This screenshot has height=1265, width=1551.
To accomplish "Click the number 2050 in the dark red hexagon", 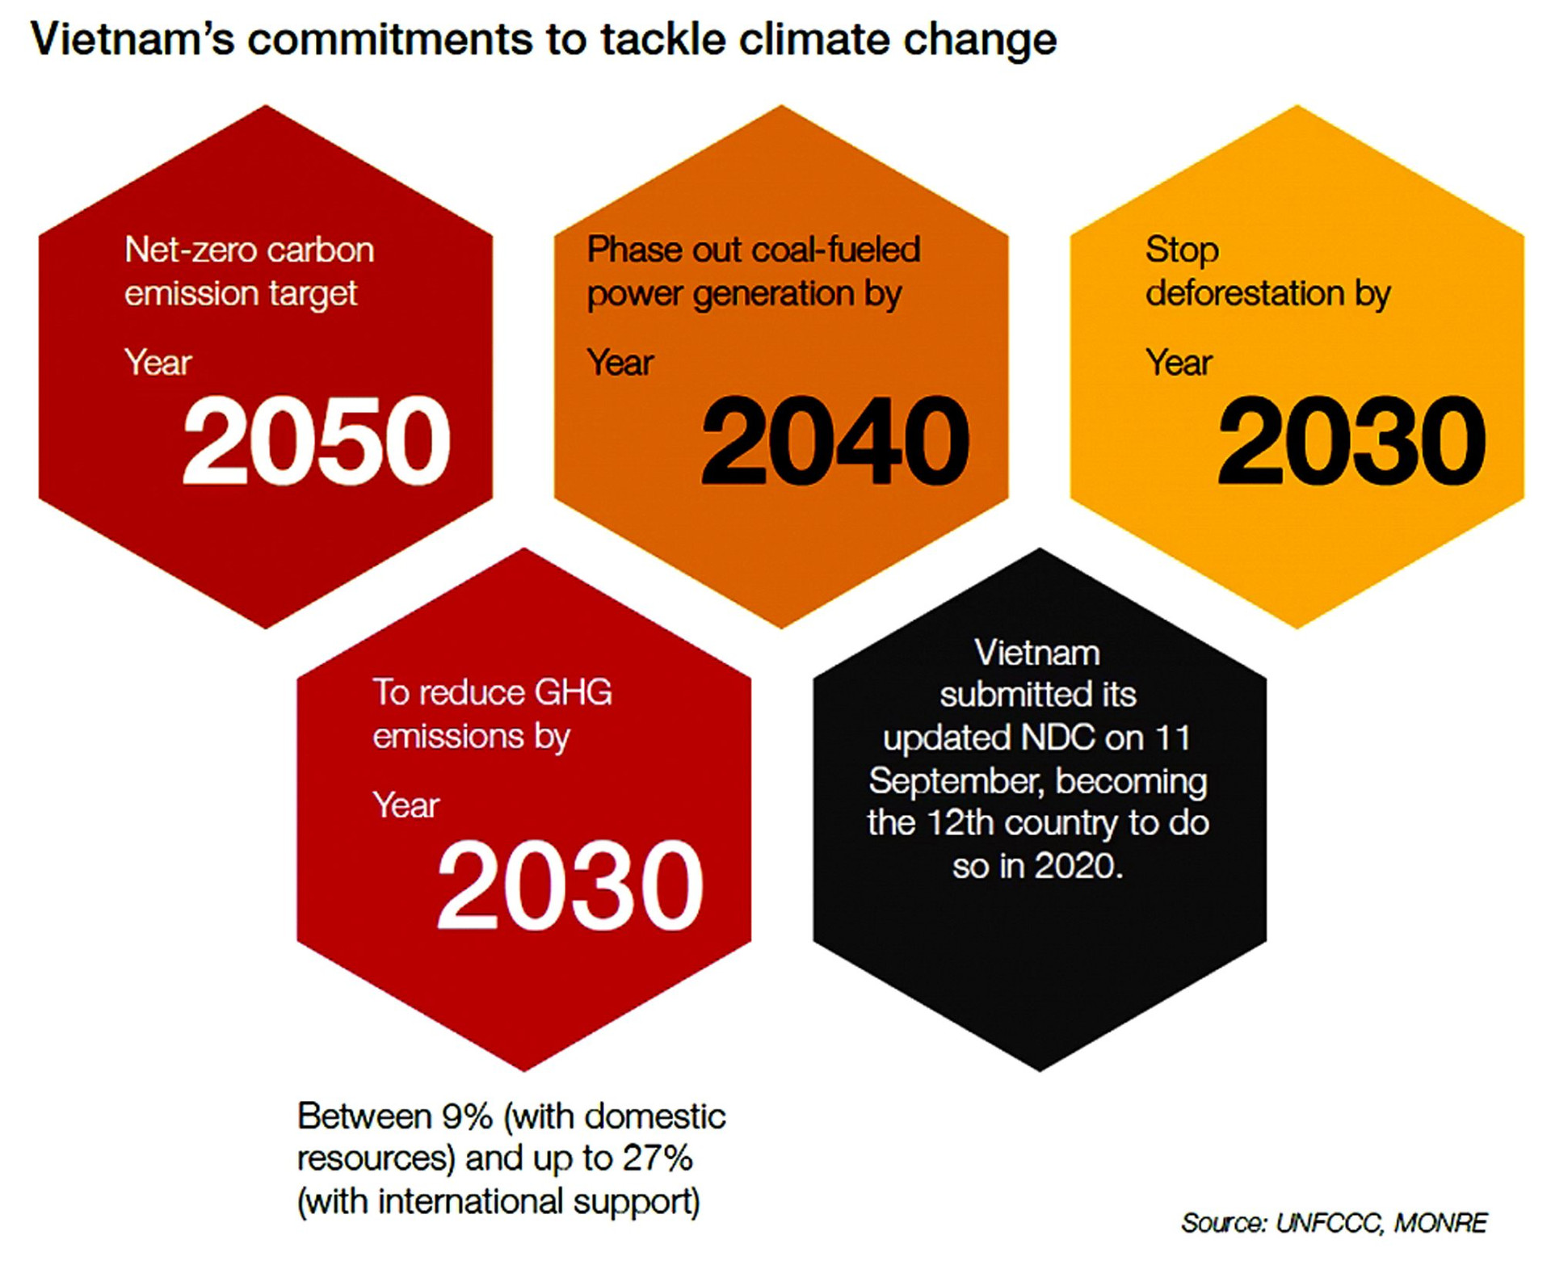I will pos(316,441).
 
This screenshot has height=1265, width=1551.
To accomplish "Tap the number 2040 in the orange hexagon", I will pos(834,441).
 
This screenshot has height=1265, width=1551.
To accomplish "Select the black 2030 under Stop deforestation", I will pos(1351,441).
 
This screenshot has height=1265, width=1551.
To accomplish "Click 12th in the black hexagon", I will pos(960,823).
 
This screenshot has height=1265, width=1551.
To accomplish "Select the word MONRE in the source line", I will pos(1440,1223).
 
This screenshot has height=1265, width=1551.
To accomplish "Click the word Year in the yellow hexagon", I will pos(1179,363).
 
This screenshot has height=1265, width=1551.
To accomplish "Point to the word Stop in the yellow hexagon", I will pos(1182,250).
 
